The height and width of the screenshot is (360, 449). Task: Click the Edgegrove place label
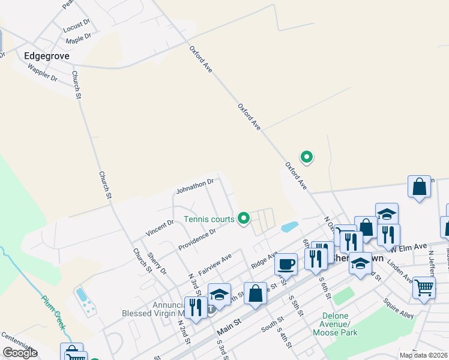47,56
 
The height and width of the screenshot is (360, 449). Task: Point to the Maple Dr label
78,39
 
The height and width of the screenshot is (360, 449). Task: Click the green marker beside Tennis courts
244,218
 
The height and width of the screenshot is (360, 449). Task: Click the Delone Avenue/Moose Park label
340,324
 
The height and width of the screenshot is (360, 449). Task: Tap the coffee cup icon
286,263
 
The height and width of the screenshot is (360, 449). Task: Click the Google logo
20,353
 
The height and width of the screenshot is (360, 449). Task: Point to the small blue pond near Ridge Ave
289,227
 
